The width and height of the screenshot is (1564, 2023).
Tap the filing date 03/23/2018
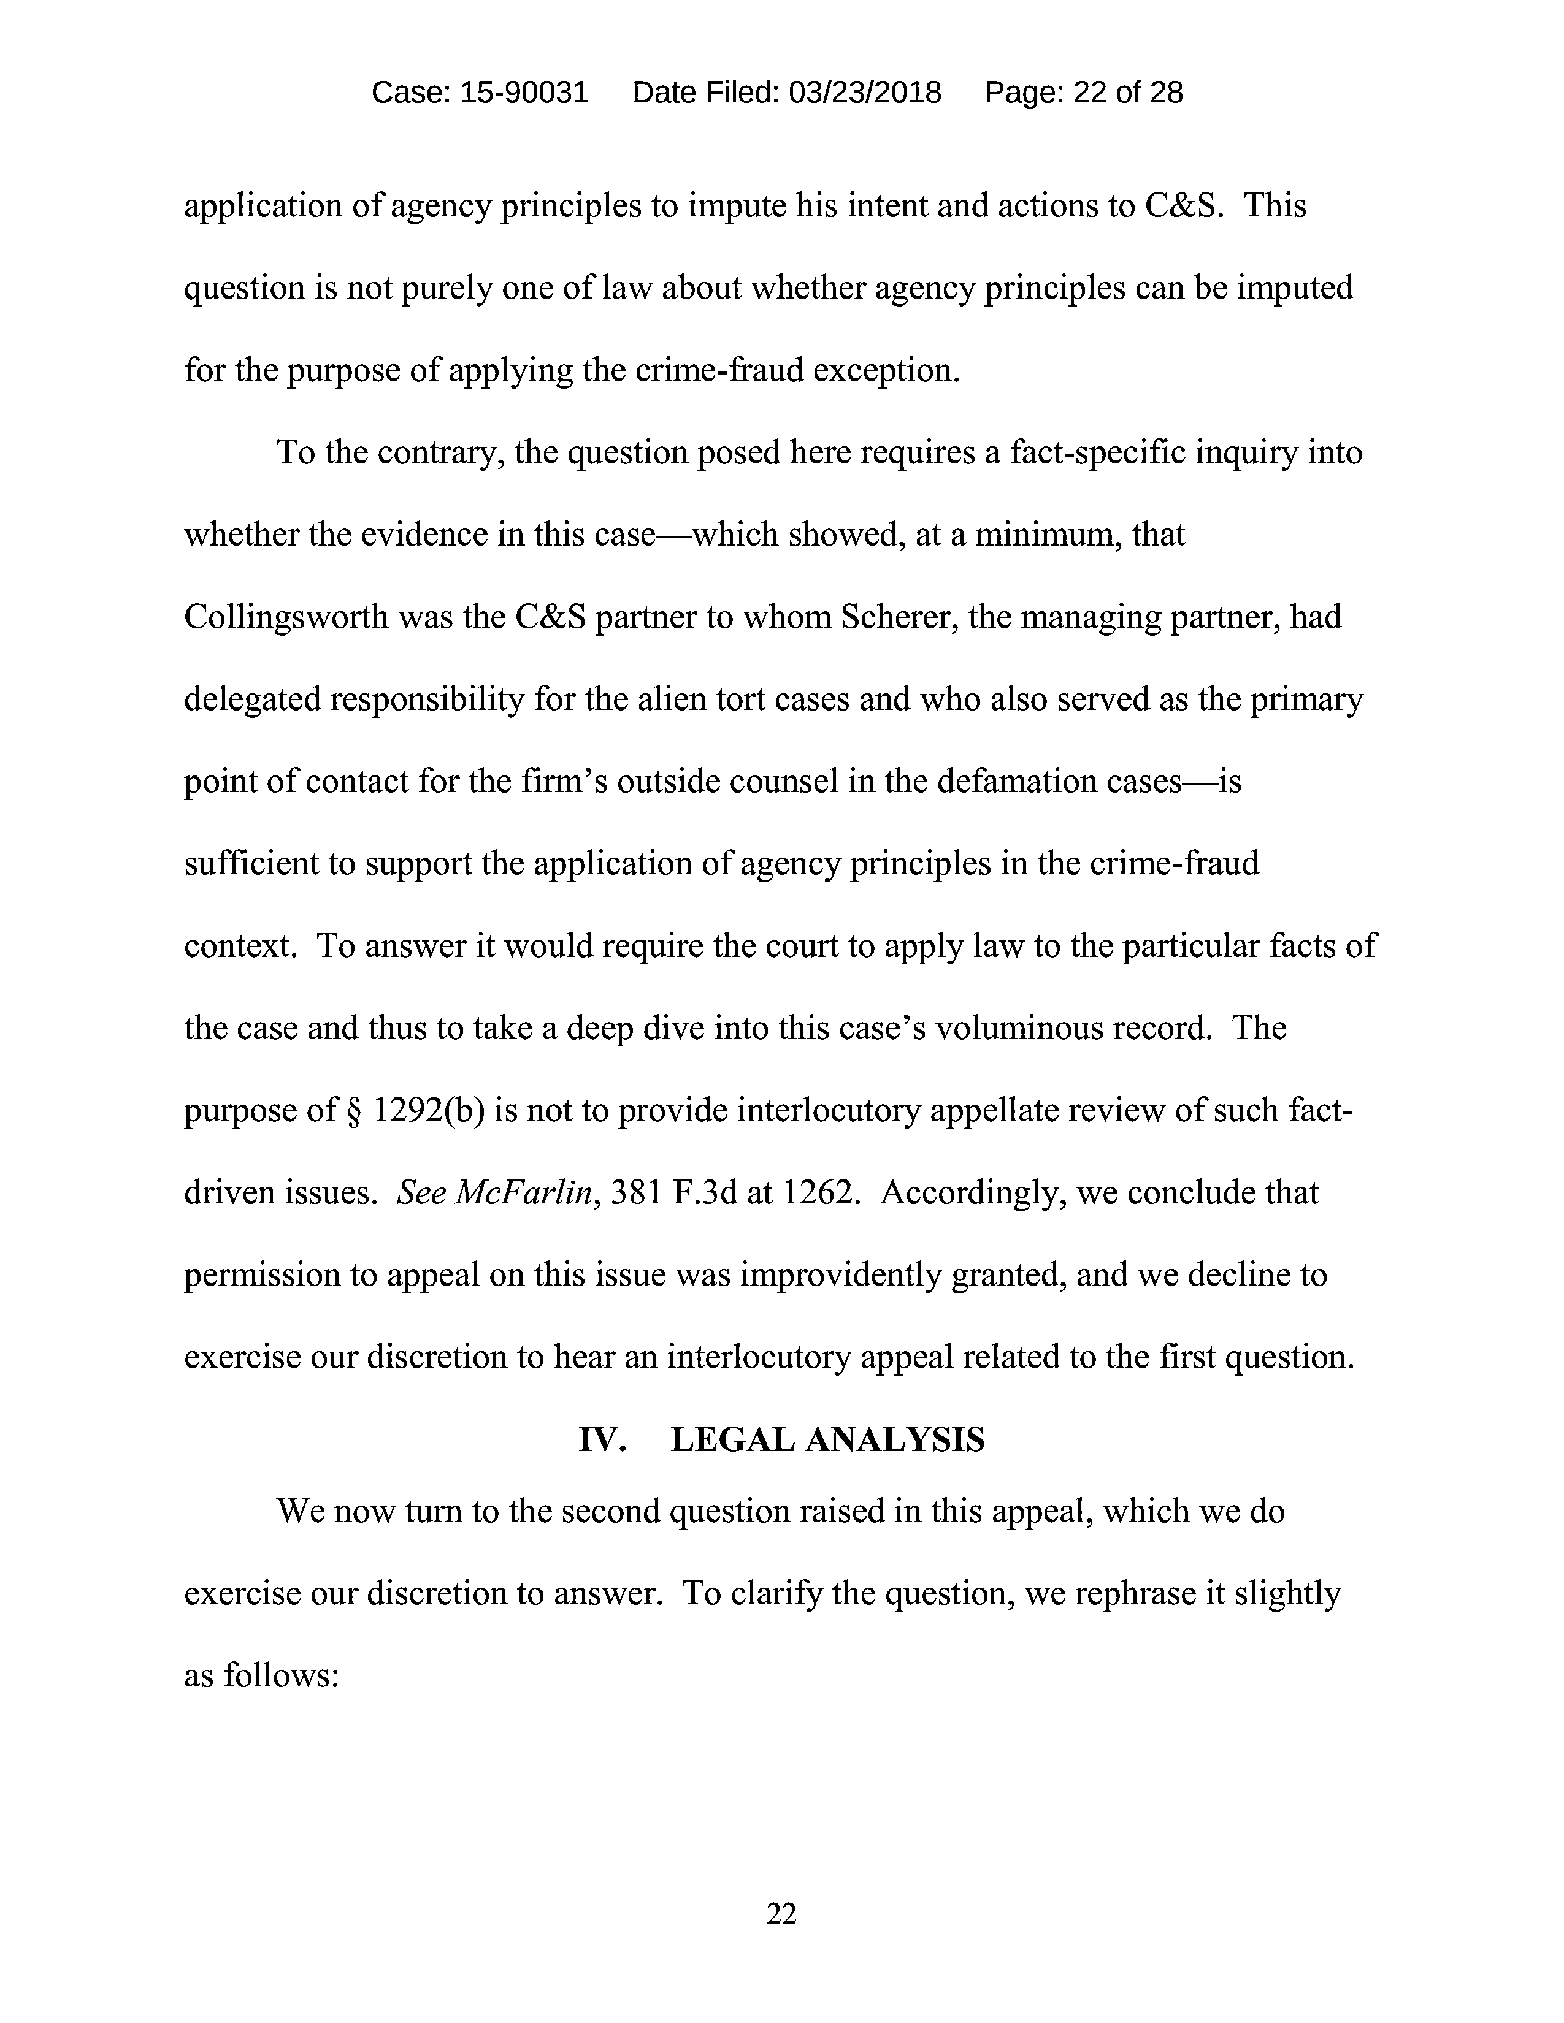pyautogui.click(x=864, y=93)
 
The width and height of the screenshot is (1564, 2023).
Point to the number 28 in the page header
pyautogui.click(x=1165, y=93)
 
